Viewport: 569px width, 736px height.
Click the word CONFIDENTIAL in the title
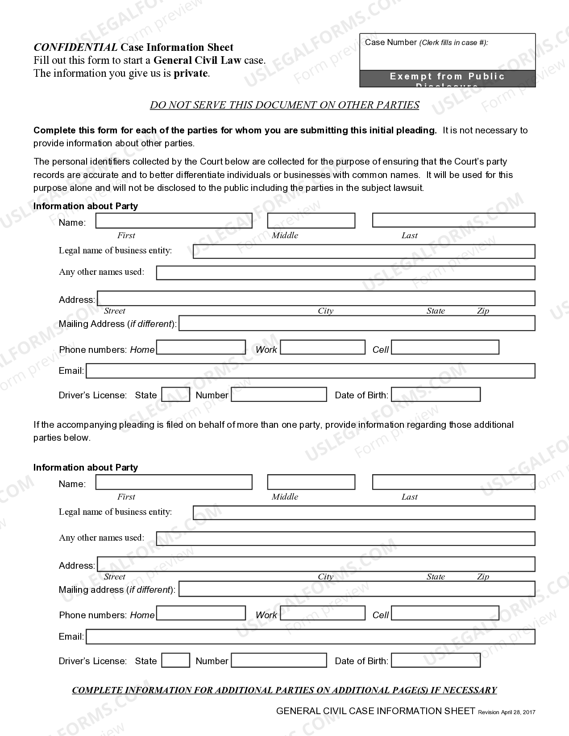coord(75,47)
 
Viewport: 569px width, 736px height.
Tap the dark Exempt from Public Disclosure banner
coord(447,79)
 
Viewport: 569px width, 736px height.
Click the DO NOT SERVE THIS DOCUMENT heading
coord(284,105)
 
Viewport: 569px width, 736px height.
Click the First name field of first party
coord(174,221)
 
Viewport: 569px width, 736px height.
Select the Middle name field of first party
coord(311,221)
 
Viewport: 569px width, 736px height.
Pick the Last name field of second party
coord(453,482)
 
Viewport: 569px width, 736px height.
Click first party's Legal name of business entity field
coord(364,251)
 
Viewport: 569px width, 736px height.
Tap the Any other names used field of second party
coord(345,538)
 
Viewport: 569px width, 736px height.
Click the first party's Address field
coord(316,298)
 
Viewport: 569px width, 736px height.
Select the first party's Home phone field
coord(201,347)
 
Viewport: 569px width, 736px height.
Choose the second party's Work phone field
coord(323,613)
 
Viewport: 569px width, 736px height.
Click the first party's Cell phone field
coord(445,347)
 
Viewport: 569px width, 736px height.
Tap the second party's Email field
coord(311,637)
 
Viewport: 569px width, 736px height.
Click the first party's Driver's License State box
coord(175,395)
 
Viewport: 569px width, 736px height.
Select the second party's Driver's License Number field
coord(279,661)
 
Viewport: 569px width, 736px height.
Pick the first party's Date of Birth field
coord(436,395)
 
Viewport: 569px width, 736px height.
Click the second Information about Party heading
coord(86,467)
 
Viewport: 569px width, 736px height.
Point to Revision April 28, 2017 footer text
coord(507,712)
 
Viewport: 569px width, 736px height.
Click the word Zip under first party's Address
coord(483,311)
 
